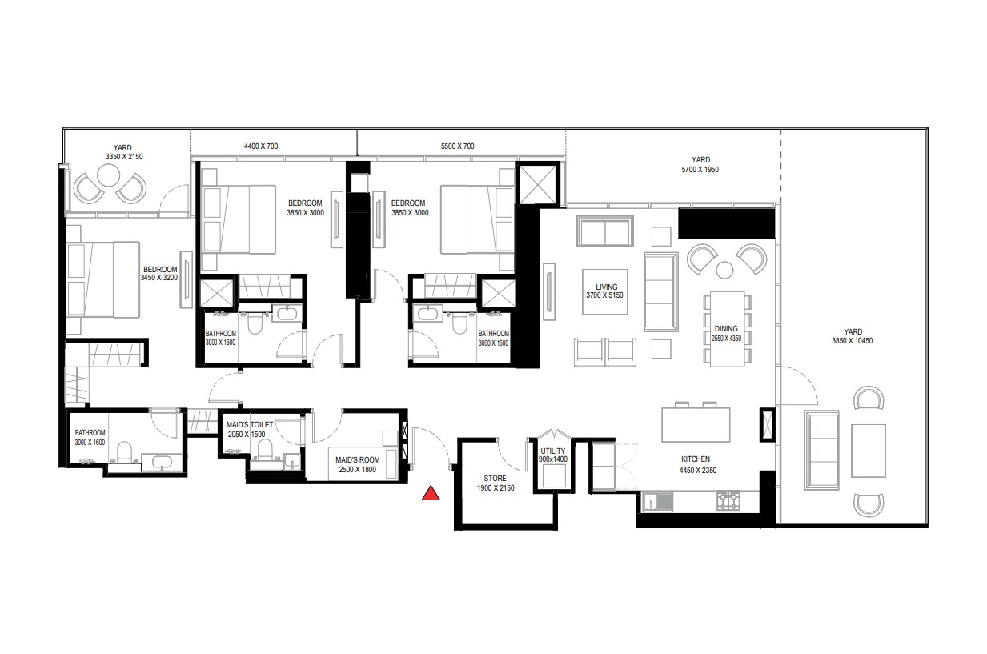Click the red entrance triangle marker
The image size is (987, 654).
431,494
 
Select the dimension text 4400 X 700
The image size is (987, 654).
260,146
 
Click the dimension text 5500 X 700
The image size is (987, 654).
458,146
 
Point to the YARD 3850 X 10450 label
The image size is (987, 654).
852,336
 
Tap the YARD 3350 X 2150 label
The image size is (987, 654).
122,153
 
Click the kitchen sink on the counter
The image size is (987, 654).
657,502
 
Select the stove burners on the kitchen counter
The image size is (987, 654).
728,502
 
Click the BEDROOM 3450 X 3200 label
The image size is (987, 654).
158,274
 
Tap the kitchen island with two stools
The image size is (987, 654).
695,424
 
